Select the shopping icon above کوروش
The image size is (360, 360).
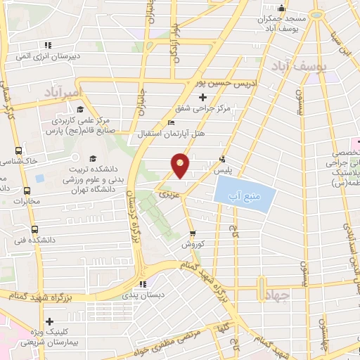[x=193, y=234]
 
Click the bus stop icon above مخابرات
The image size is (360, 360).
[x=27, y=191]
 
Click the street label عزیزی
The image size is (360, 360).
[x=166, y=191]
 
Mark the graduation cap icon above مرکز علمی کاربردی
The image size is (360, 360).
[x=79, y=110]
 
